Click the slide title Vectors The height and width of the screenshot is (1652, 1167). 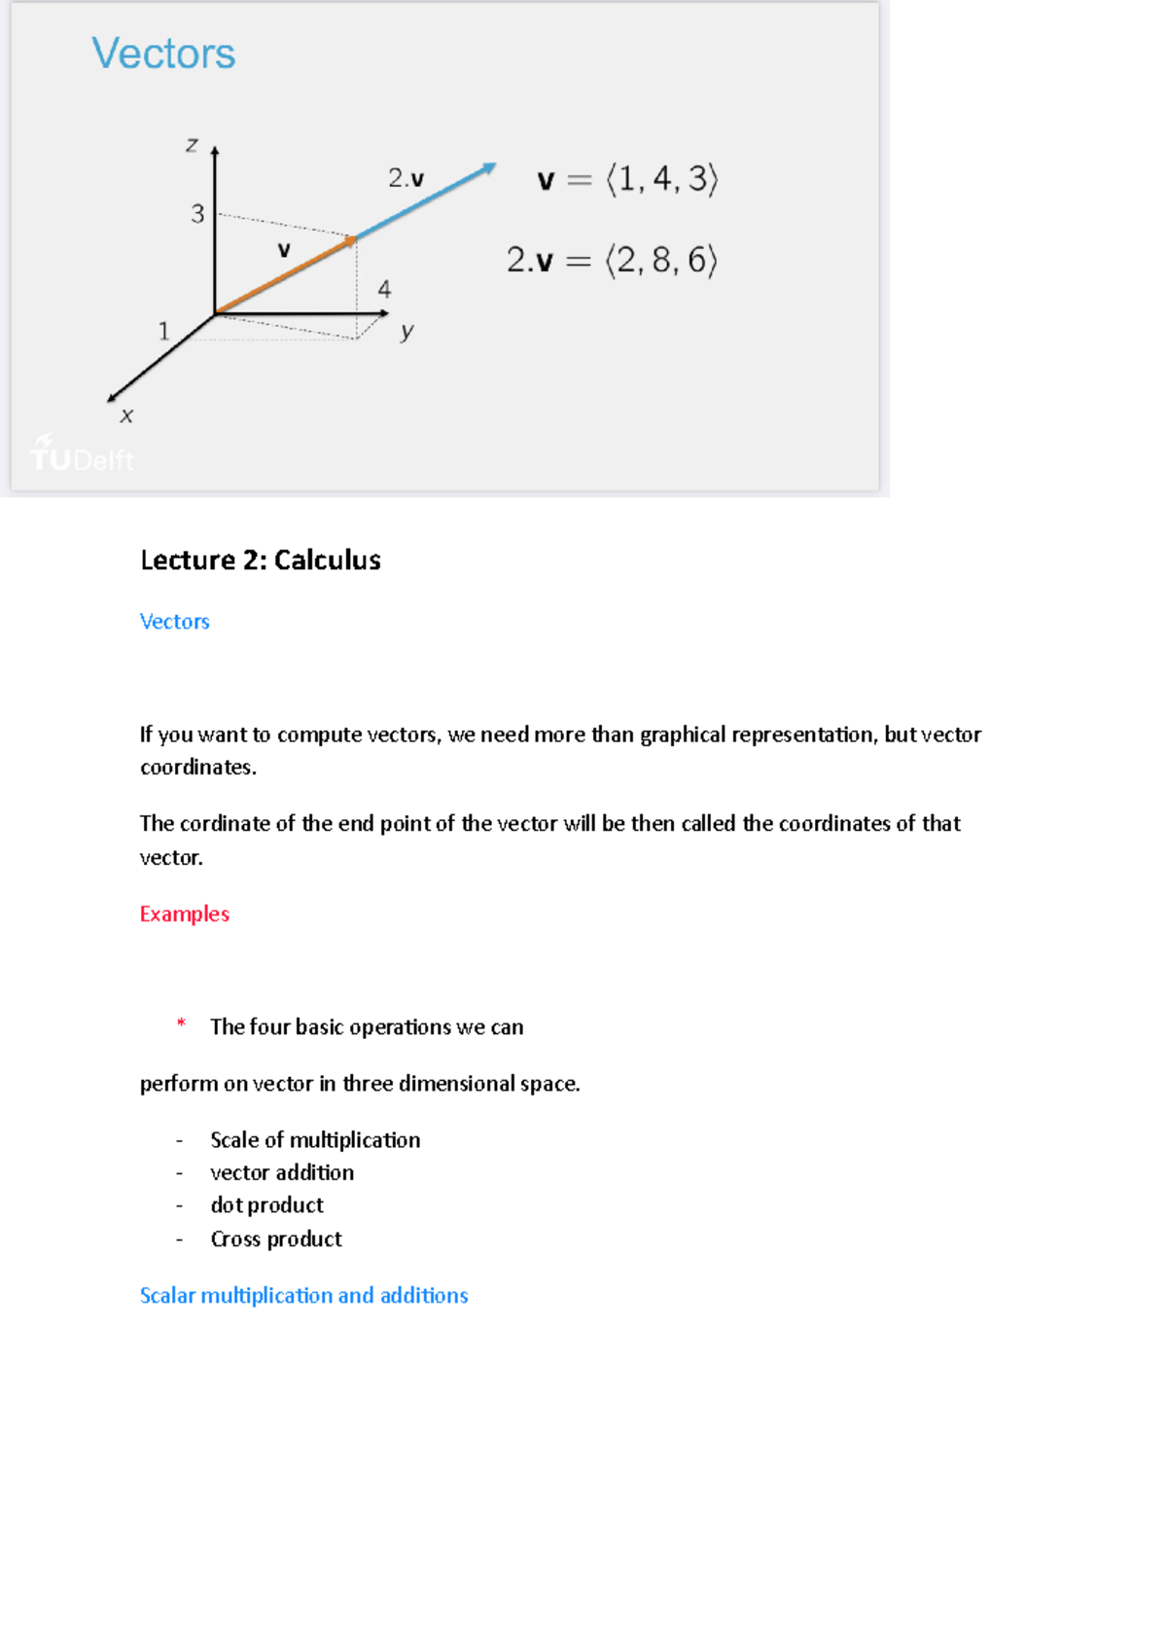click(x=163, y=54)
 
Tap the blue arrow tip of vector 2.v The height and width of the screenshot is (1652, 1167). click(x=491, y=167)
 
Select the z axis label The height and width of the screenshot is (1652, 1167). click(x=192, y=145)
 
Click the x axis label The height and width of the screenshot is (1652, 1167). click(x=126, y=416)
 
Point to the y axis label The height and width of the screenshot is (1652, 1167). click(x=407, y=332)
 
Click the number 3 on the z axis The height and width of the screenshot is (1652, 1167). click(x=197, y=214)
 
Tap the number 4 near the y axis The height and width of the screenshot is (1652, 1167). click(x=384, y=289)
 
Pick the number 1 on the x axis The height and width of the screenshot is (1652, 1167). click(x=163, y=332)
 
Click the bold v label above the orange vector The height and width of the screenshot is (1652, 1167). click(x=284, y=250)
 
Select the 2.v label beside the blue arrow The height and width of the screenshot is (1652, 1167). click(x=406, y=178)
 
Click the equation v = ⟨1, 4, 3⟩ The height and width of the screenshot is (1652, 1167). click(x=627, y=180)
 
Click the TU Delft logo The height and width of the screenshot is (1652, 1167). click(x=82, y=455)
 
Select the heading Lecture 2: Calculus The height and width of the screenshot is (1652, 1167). click(x=260, y=560)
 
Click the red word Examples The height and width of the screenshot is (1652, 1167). click(x=184, y=915)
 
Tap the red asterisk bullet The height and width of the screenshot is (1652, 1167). click(x=181, y=1023)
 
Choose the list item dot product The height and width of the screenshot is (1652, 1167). click(x=266, y=1205)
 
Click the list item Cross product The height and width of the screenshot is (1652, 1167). click(x=276, y=1239)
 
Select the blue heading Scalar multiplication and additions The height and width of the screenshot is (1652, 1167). click(x=303, y=1296)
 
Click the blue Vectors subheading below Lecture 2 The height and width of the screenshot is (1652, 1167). click(x=174, y=622)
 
